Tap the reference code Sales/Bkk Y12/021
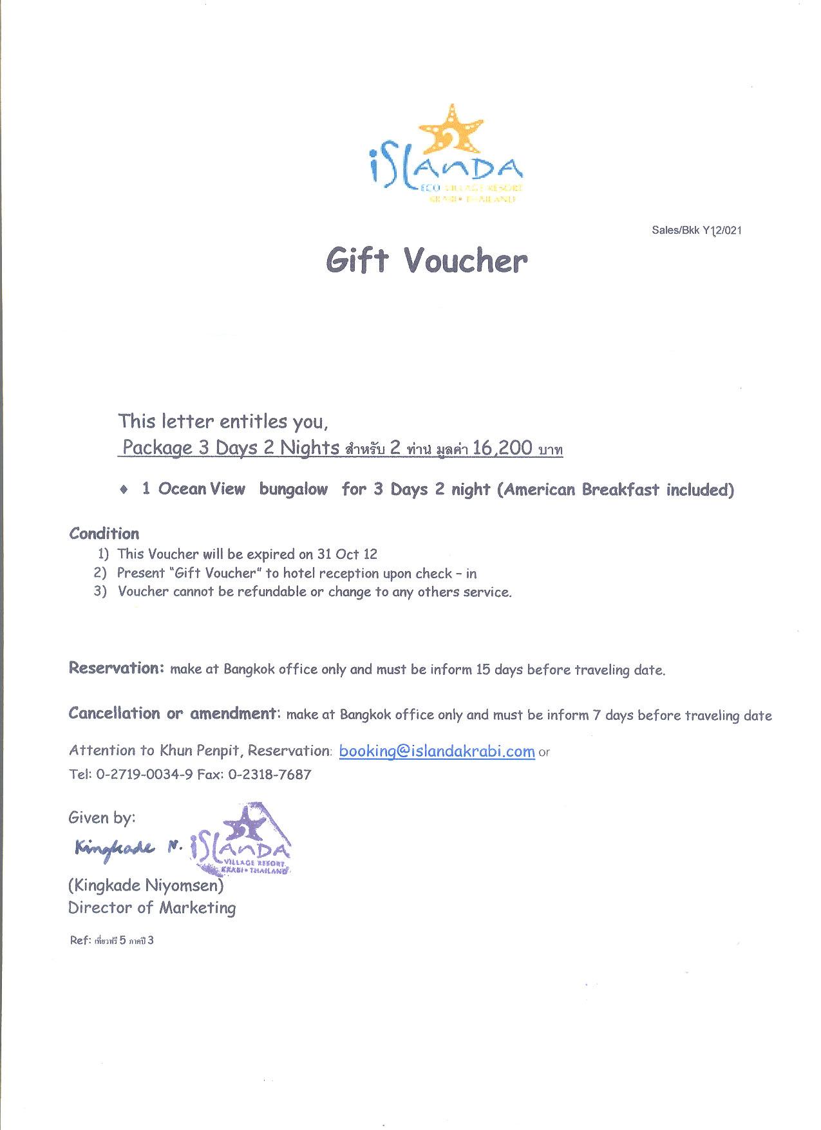696,230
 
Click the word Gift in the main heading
357,260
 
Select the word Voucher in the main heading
466,260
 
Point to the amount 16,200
502,447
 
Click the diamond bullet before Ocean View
124,489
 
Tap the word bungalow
294,489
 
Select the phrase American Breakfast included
616,490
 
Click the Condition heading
104,533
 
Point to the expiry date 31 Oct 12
347,554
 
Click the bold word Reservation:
117,668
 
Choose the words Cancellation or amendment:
175,713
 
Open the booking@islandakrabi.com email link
437,751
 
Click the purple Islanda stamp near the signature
241,840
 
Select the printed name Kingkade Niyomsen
146,885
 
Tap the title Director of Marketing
152,908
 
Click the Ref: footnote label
79,941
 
